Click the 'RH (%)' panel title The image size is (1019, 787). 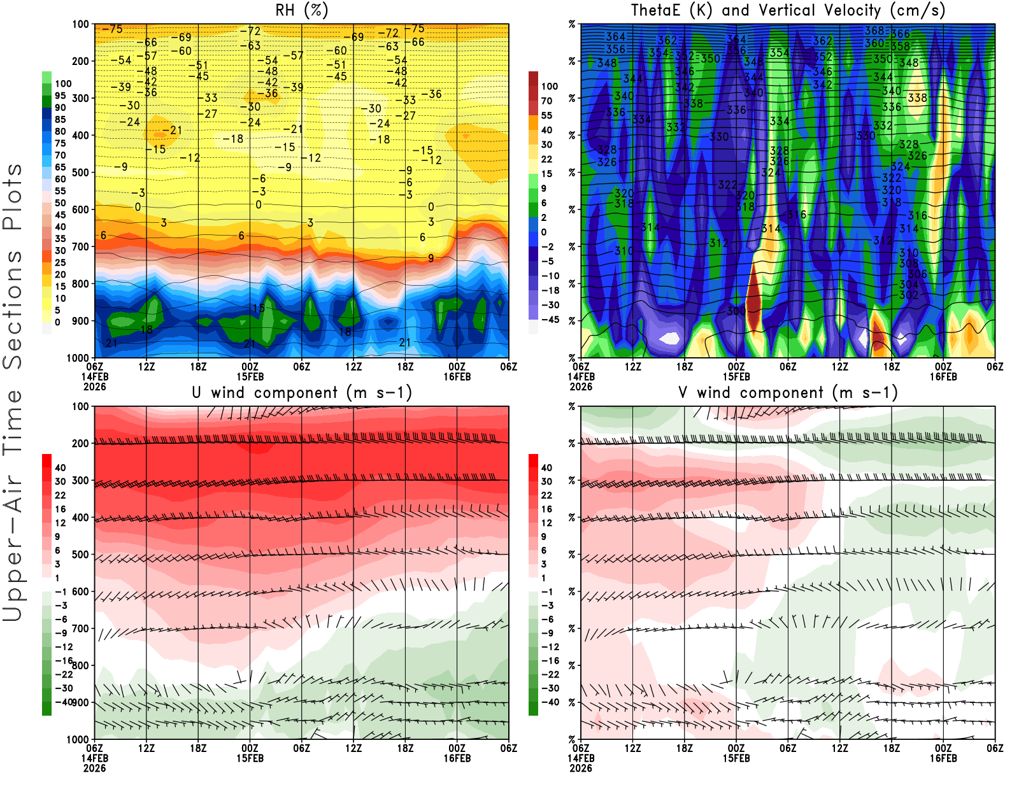(x=301, y=11)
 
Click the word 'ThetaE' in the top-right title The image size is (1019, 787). (x=655, y=11)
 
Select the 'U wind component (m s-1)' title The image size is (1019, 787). (x=301, y=393)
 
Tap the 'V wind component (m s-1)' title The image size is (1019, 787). (x=788, y=393)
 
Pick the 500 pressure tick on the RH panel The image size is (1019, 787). (x=80, y=173)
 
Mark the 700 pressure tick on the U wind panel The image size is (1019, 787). (x=80, y=628)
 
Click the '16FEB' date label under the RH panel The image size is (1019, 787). (x=457, y=377)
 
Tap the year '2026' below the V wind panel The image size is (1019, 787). (x=581, y=769)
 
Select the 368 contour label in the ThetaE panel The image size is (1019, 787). (x=874, y=31)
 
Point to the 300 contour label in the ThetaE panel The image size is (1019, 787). (x=736, y=311)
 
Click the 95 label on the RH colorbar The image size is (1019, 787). (x=60, y=96)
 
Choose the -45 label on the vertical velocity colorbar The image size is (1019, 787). (x=550, y=320)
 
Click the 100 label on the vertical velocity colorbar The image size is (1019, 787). (x=549, y=86)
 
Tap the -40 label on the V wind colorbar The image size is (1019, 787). (x=550, y=702)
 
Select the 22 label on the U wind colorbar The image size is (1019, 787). (x=60, y=495)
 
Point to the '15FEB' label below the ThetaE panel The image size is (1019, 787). (x=736, y=377)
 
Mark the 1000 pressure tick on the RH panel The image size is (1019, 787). (x=78, y=358)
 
